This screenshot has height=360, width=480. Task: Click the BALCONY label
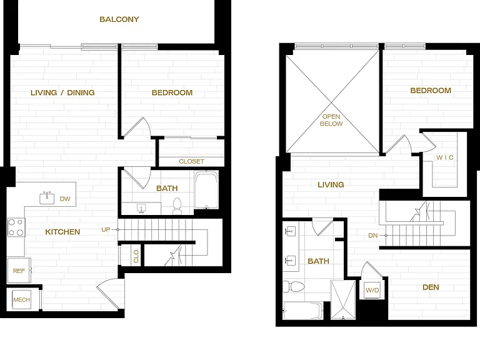pos(119,19)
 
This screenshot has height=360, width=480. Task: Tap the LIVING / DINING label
pos(62,92)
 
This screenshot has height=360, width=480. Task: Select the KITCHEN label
pos(62,232)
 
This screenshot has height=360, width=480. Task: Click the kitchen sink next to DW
pos(47,198)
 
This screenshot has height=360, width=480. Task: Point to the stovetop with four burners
pos(16,227)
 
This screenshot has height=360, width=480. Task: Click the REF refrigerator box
pos(19,270)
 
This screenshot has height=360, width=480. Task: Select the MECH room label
pos(21,300)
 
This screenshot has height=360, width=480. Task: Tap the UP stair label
pos(106,229)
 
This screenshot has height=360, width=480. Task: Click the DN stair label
pos(373,236)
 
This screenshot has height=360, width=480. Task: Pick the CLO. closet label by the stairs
pos(136,256)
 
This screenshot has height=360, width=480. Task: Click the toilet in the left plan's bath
pos(177,206)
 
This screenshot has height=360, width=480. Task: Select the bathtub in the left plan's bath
pos(207,190)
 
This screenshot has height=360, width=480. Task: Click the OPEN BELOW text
pos(331,120)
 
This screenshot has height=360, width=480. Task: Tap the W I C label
pos(445,157)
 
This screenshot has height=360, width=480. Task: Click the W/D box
pos(372,290)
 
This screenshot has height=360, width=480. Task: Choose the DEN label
pos(431,287)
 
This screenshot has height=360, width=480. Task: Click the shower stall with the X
pos(343,300)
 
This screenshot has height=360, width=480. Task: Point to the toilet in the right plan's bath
pos(294,287)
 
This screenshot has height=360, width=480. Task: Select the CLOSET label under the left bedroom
pos(191,161)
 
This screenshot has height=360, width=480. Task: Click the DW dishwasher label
pos(65,199)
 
